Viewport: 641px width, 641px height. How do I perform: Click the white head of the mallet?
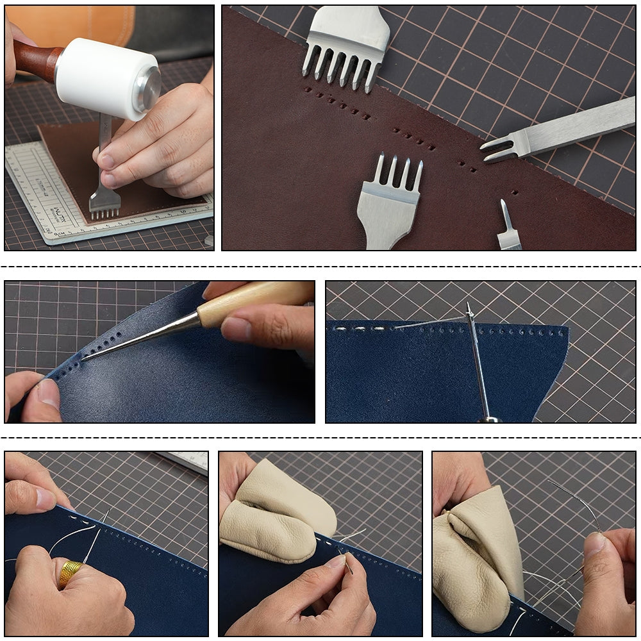click(x=96, y=74)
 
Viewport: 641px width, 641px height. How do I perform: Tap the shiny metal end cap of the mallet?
click(x=147, y=90)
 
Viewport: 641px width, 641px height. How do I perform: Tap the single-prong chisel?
click(x=508, y=231)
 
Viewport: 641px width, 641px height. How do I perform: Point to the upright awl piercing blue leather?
click(x=478, y=365)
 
